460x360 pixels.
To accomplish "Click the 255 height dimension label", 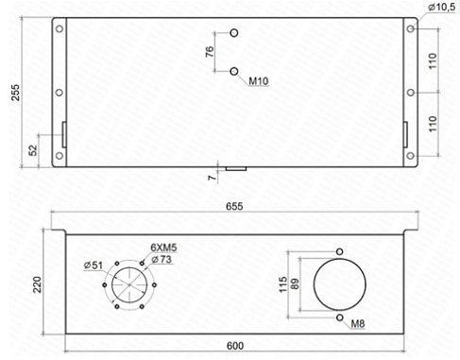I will point(13,92).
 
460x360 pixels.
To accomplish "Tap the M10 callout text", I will point(260,82).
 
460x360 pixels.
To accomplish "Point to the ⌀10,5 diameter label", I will point(440,8).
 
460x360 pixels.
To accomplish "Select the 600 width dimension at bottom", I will point(235,345).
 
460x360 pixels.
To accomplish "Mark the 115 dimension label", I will point(283,284).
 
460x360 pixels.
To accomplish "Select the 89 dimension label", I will point(297,284).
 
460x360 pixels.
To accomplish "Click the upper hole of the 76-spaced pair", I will point(234,34).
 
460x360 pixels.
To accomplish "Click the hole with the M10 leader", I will point(234,69).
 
